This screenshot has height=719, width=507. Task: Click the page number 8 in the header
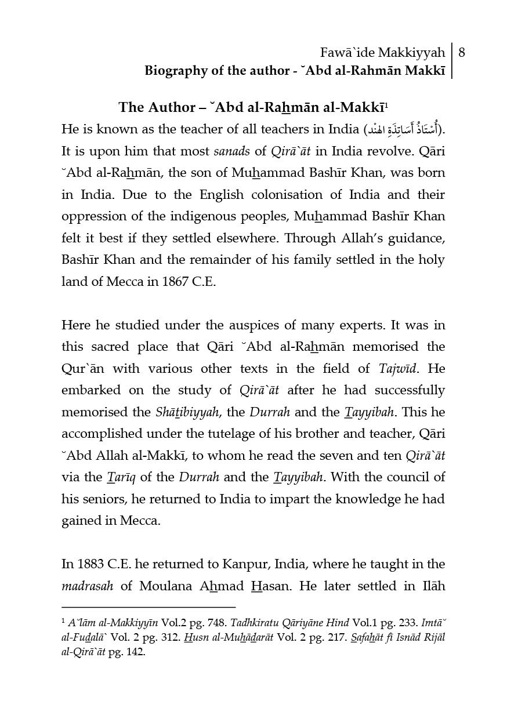click(462, 53)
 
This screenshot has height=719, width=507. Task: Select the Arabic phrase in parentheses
click(403, 129)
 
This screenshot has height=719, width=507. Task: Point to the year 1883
click(90, 564)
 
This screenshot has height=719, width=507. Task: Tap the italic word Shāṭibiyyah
click(184, 412)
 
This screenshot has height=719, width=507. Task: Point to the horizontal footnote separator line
click(148, 607)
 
